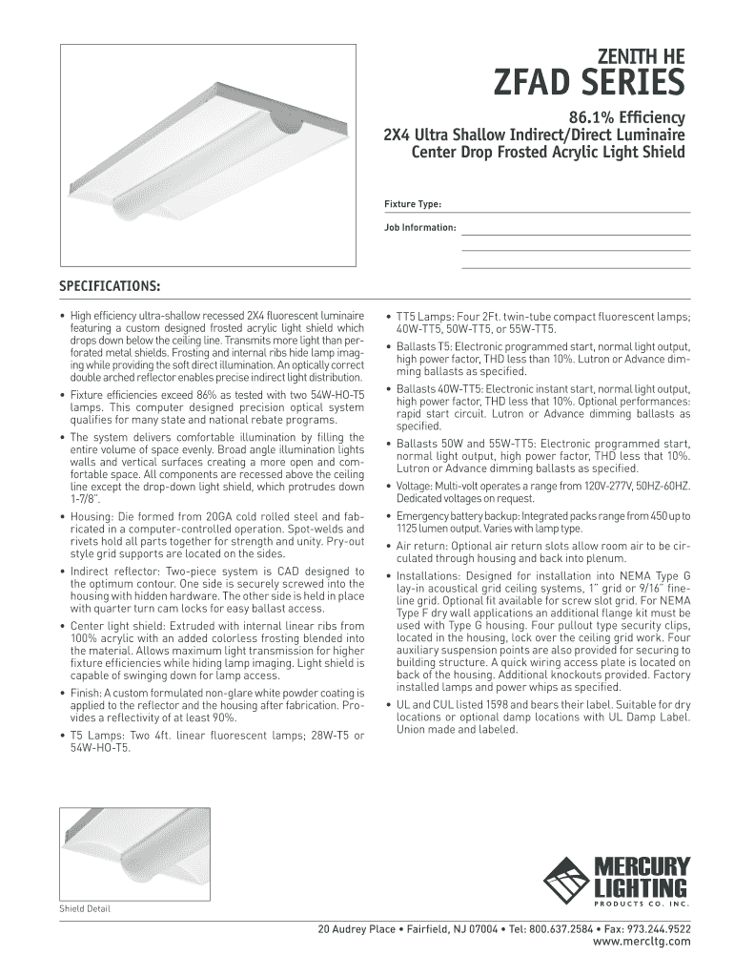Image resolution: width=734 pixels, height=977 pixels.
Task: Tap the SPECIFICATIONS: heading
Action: (110, 286)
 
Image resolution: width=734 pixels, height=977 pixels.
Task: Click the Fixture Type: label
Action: (412, 204)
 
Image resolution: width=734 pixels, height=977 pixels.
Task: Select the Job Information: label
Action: (420, 228)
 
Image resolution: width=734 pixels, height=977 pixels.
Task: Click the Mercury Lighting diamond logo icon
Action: (565, 879)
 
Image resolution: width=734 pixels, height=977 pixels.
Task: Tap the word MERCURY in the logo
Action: (642, 867)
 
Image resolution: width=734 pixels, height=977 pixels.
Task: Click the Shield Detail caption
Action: (85, 908)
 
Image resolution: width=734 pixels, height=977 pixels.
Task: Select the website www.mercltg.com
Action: (642, 941)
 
